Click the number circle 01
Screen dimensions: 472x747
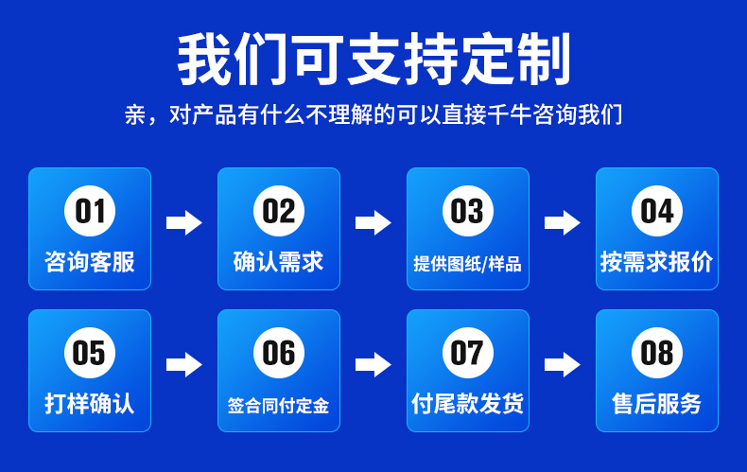(x=90, y=211)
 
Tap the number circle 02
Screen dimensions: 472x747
(x=279, y=211)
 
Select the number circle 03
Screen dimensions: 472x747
(x=468, y=211)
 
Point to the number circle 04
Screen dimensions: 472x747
(x=657, y=211)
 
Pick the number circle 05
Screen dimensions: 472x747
(x=90, y=353)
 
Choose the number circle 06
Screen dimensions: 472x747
(x=279, y=353)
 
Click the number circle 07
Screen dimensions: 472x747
(x=468, y=353)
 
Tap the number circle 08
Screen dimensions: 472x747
(x=657, y=353)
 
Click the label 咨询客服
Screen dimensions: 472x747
(x=90, y=262)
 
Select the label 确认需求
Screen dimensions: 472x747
(x=279, y=262)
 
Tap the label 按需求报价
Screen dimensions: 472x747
(x=657, y=262)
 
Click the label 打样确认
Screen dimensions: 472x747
(x=90, y=404)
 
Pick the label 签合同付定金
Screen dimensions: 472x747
(x=279, y=406)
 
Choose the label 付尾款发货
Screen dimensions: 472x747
(x=468, y=404)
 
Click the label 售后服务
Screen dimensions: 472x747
(x=657, y=404)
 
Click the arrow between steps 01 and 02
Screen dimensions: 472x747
(x=184, y=223)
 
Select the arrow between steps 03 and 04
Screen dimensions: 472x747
(x=563, y=223)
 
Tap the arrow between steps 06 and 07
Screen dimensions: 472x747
(x=373, y=364)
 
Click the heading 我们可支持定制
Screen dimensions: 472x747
(x=374, y=60)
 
